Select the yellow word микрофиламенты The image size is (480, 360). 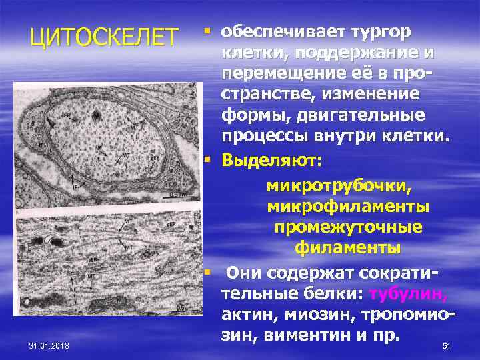pyautogui.click(x=348, y=207)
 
